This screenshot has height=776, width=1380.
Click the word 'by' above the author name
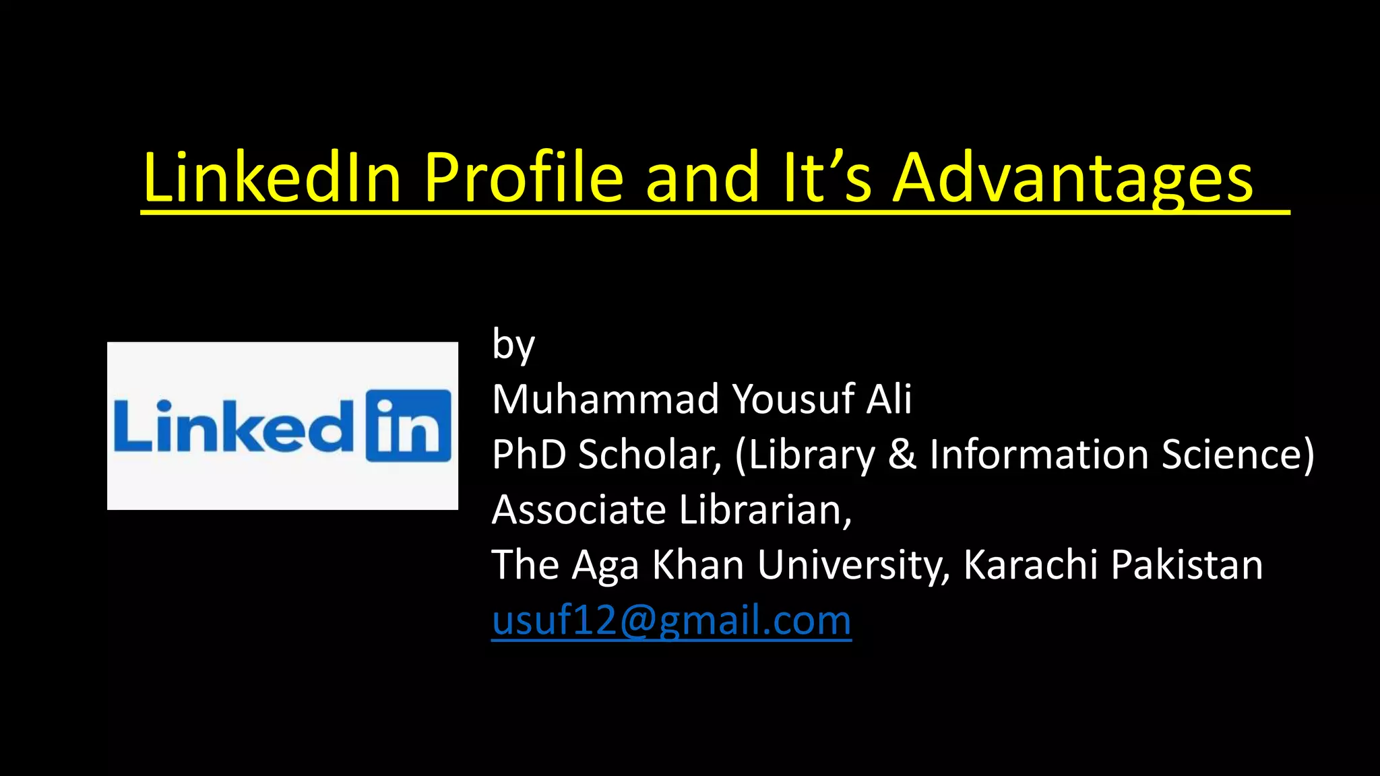point(513,346)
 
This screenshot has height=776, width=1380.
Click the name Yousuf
point(793,399)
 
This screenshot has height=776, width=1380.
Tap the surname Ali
point(889,399)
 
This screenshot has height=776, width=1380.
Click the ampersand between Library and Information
point(902,454)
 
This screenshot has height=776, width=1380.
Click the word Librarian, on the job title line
point(765,509)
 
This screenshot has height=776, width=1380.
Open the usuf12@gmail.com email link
point(671,620)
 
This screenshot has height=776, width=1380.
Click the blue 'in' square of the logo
point(408,426)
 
